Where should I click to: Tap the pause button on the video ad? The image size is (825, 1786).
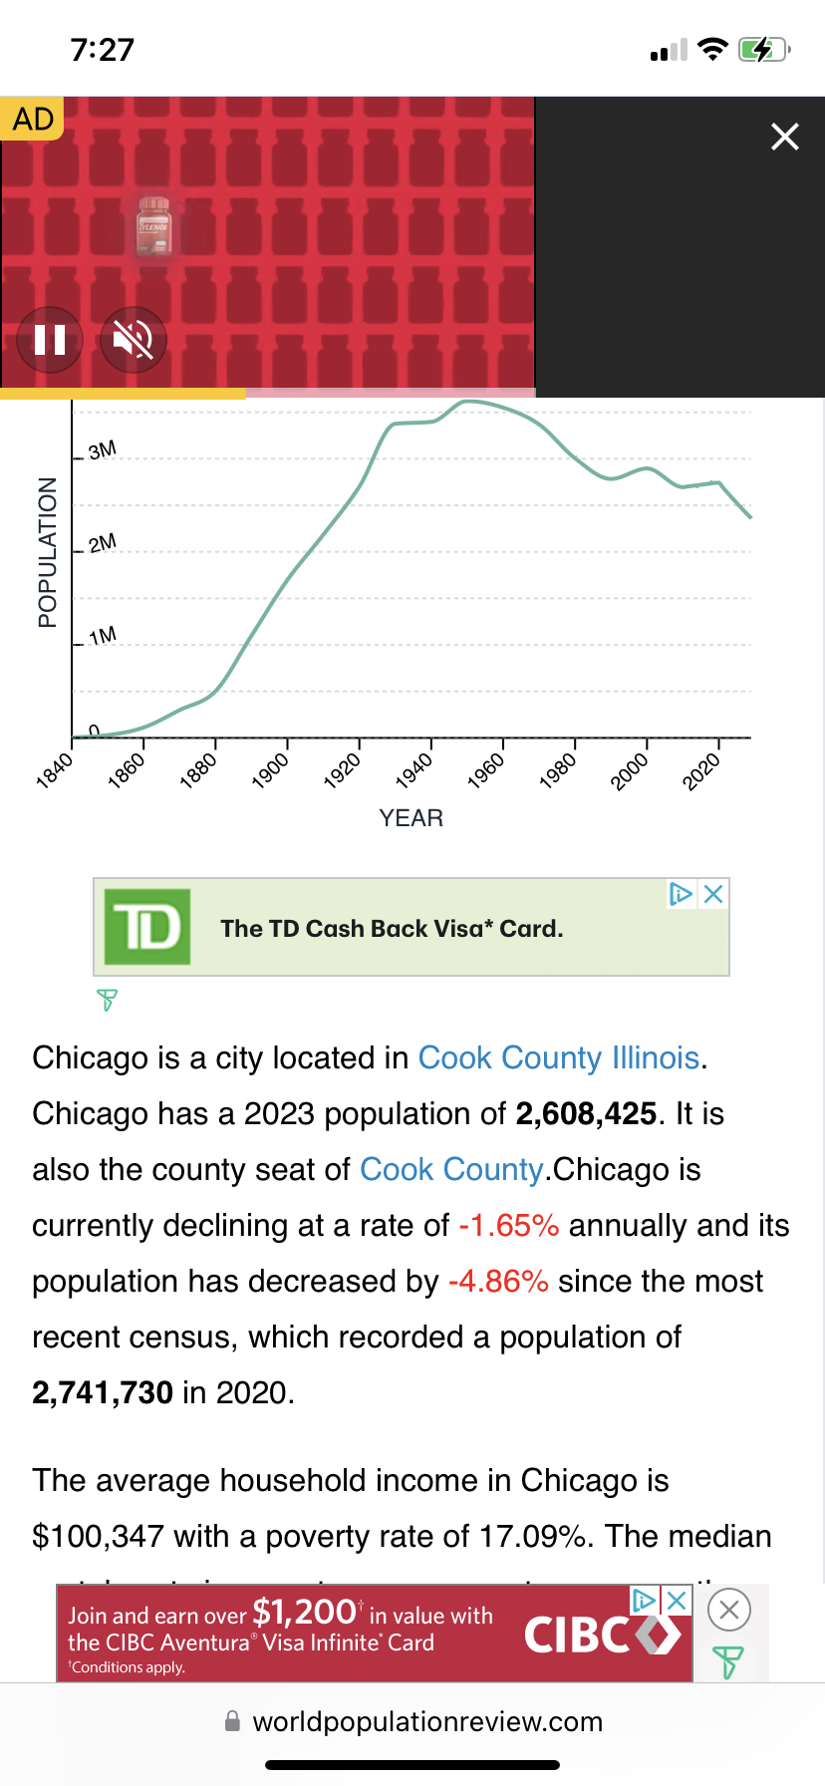pyautogui.click(x=50, y=340)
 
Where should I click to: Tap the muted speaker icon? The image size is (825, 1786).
pyautogui.click(x=133, y=340)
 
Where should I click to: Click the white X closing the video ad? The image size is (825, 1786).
pyautogui.click(x=785, y=137)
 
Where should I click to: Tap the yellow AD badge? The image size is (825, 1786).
pyautogui.click(x=33, y=119)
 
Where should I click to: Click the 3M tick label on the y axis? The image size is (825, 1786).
pyautogui.click(x=102, y=450)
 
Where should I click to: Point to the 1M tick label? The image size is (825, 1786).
pyautogui.click(x=102, y=636)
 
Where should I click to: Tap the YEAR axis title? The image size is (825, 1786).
pyautogui.click(x=411, y=818)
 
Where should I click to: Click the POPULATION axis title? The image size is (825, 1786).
pyautogui.click(x=47, y=552)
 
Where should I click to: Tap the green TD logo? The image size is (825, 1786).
pyautogui.click(x=147, y=927)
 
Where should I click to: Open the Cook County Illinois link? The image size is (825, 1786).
pyautogui.click(x=558, y=1057)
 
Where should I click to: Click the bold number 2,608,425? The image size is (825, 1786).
pyautogui.click(x=586, y=1113)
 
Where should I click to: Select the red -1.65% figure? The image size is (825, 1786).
pyautogui.click(x=508, y=1225)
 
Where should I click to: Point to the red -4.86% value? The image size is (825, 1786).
pyautogui.click(x=498, y=1281)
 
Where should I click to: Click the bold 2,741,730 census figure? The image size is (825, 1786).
pyautogui.click(x=103, y=1392)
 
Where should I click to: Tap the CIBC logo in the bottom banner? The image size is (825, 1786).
pyautogui.click(x=602, y=1635)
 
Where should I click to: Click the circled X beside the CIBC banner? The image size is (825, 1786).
pyautogui.click(x=728, y=1609)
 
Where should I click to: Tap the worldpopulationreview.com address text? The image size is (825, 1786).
pyautogui.click(x=427, y=1721)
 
